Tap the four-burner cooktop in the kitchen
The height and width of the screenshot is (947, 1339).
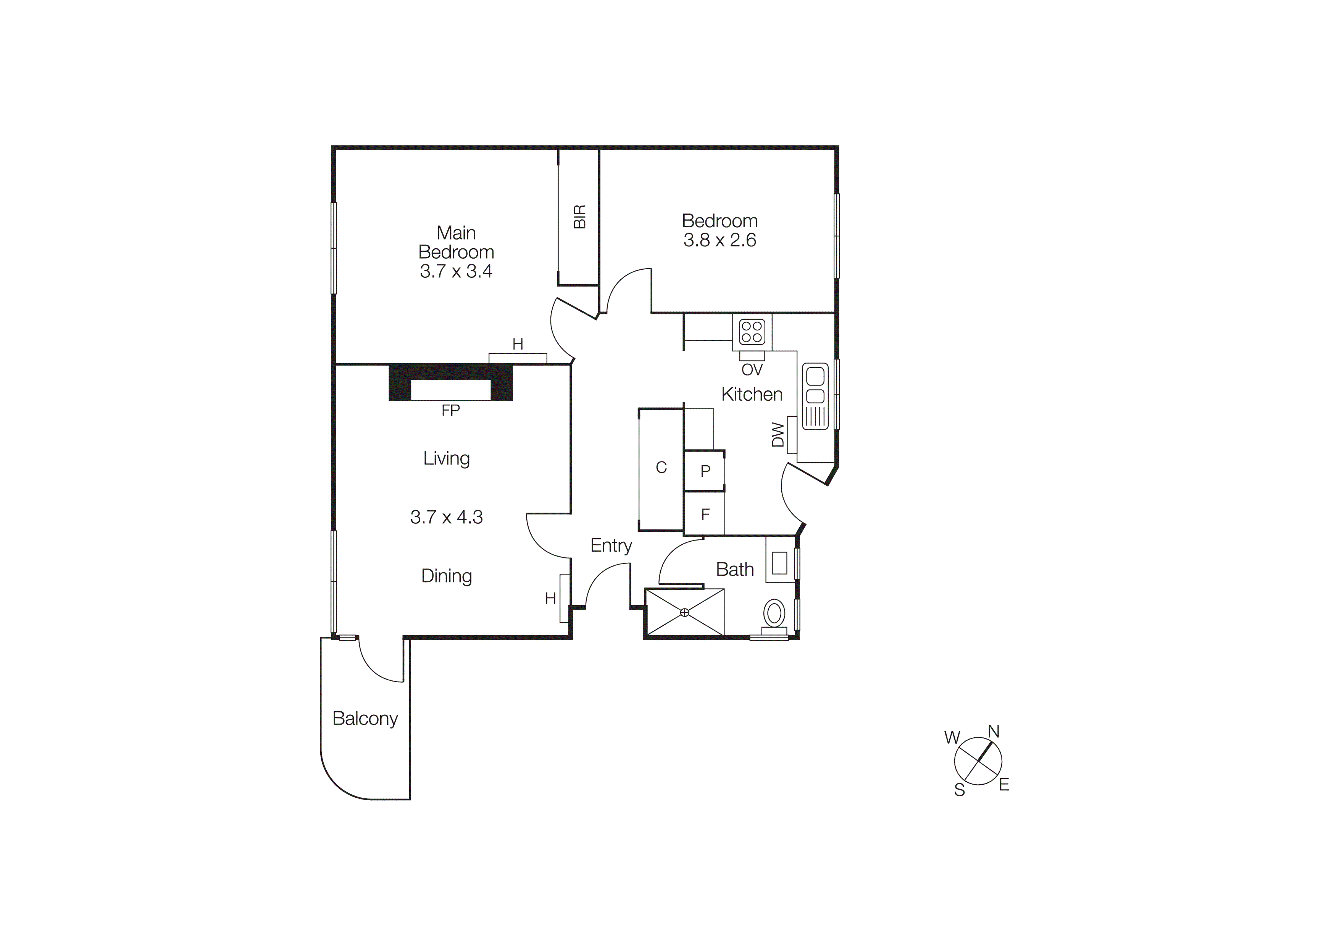(x=752, y=332)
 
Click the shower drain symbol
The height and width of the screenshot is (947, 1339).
(x=685, y=612)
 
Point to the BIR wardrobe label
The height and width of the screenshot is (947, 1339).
(x=579, y=217)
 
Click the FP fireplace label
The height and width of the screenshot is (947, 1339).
(x=451, y=411)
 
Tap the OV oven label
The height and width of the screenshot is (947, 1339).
(x=752, y=370)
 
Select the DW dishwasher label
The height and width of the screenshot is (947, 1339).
(x=778, y=435)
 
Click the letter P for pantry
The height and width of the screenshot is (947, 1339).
(x=705, y=471)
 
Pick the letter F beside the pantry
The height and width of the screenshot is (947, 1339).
(x=705, y=515)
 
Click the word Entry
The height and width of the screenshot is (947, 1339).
(x=611, y=546)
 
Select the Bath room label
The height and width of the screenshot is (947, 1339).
(x=735, y=570)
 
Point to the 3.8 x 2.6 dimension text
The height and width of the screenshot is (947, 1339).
(x=720, y=240)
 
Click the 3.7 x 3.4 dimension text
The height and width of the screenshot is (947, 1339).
(x=456, y=271)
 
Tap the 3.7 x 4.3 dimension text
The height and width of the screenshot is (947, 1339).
(x=447, y=517)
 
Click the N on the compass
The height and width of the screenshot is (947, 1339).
(x=994, y=732)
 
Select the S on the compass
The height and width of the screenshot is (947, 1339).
(x=959, y=790)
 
